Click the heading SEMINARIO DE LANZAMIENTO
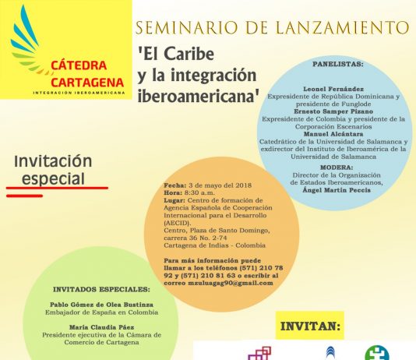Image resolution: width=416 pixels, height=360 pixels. point(273,28)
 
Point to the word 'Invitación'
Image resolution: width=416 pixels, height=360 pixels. point(54,161)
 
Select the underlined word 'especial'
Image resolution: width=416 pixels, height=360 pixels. point(55,178)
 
